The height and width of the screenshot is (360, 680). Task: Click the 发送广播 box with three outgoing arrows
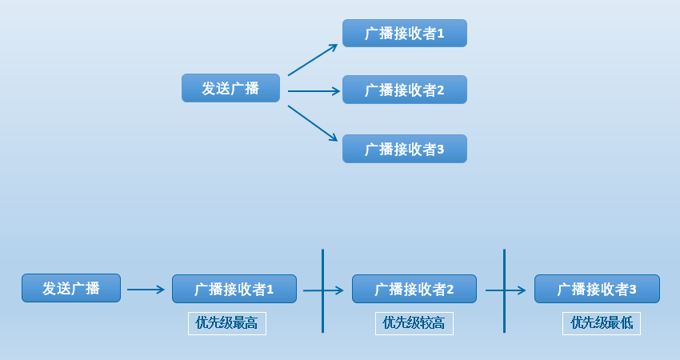click(x=230, y=88)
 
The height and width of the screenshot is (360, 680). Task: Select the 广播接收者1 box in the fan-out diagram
click(x=404, y=34)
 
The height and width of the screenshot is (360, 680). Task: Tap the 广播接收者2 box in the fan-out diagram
click(x=404, y=90)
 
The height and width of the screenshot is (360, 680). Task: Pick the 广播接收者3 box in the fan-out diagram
click(x=404, y=149)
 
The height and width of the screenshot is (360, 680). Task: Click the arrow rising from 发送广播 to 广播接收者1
click(x=313, y=60)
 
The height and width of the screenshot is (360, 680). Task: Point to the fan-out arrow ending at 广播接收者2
click(x=314, y=91)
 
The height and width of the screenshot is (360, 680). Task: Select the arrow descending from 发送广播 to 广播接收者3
click(x=313, y=123)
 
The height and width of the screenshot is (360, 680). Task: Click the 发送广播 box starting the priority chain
click(x=71, y=288)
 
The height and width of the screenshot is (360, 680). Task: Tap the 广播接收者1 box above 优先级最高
click(x=234, y=289)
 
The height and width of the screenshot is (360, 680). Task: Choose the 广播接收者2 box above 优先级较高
click(x=414, y=289)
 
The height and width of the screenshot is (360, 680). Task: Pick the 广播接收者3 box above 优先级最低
click(x=597, y=289)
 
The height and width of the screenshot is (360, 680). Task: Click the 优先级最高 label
click(x=227, y=323)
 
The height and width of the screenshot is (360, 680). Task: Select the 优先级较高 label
click(x=414, y=323)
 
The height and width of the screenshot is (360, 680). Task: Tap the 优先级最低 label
click(x=602, y=323)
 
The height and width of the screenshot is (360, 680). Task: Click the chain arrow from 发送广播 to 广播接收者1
click(x=146, y=290)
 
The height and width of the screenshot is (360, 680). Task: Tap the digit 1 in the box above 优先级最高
click(x=270, y=290)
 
